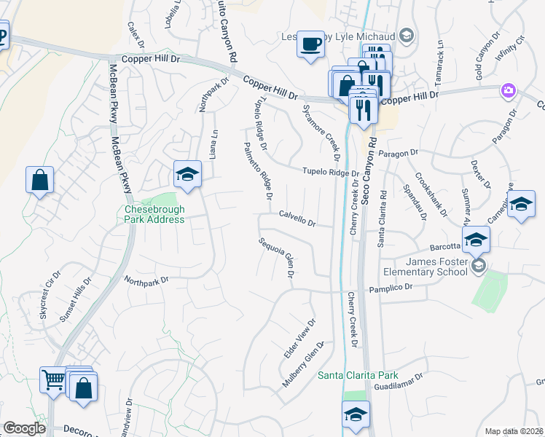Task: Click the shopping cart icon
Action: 52,379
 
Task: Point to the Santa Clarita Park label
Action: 358,375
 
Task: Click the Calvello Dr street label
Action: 297,219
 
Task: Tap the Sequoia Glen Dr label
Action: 277,257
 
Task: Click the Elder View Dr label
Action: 299,338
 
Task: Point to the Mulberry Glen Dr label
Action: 303,363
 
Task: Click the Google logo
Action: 24,428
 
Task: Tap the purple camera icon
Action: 508,92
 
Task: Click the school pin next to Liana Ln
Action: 187,175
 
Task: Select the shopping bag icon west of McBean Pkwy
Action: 39,180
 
